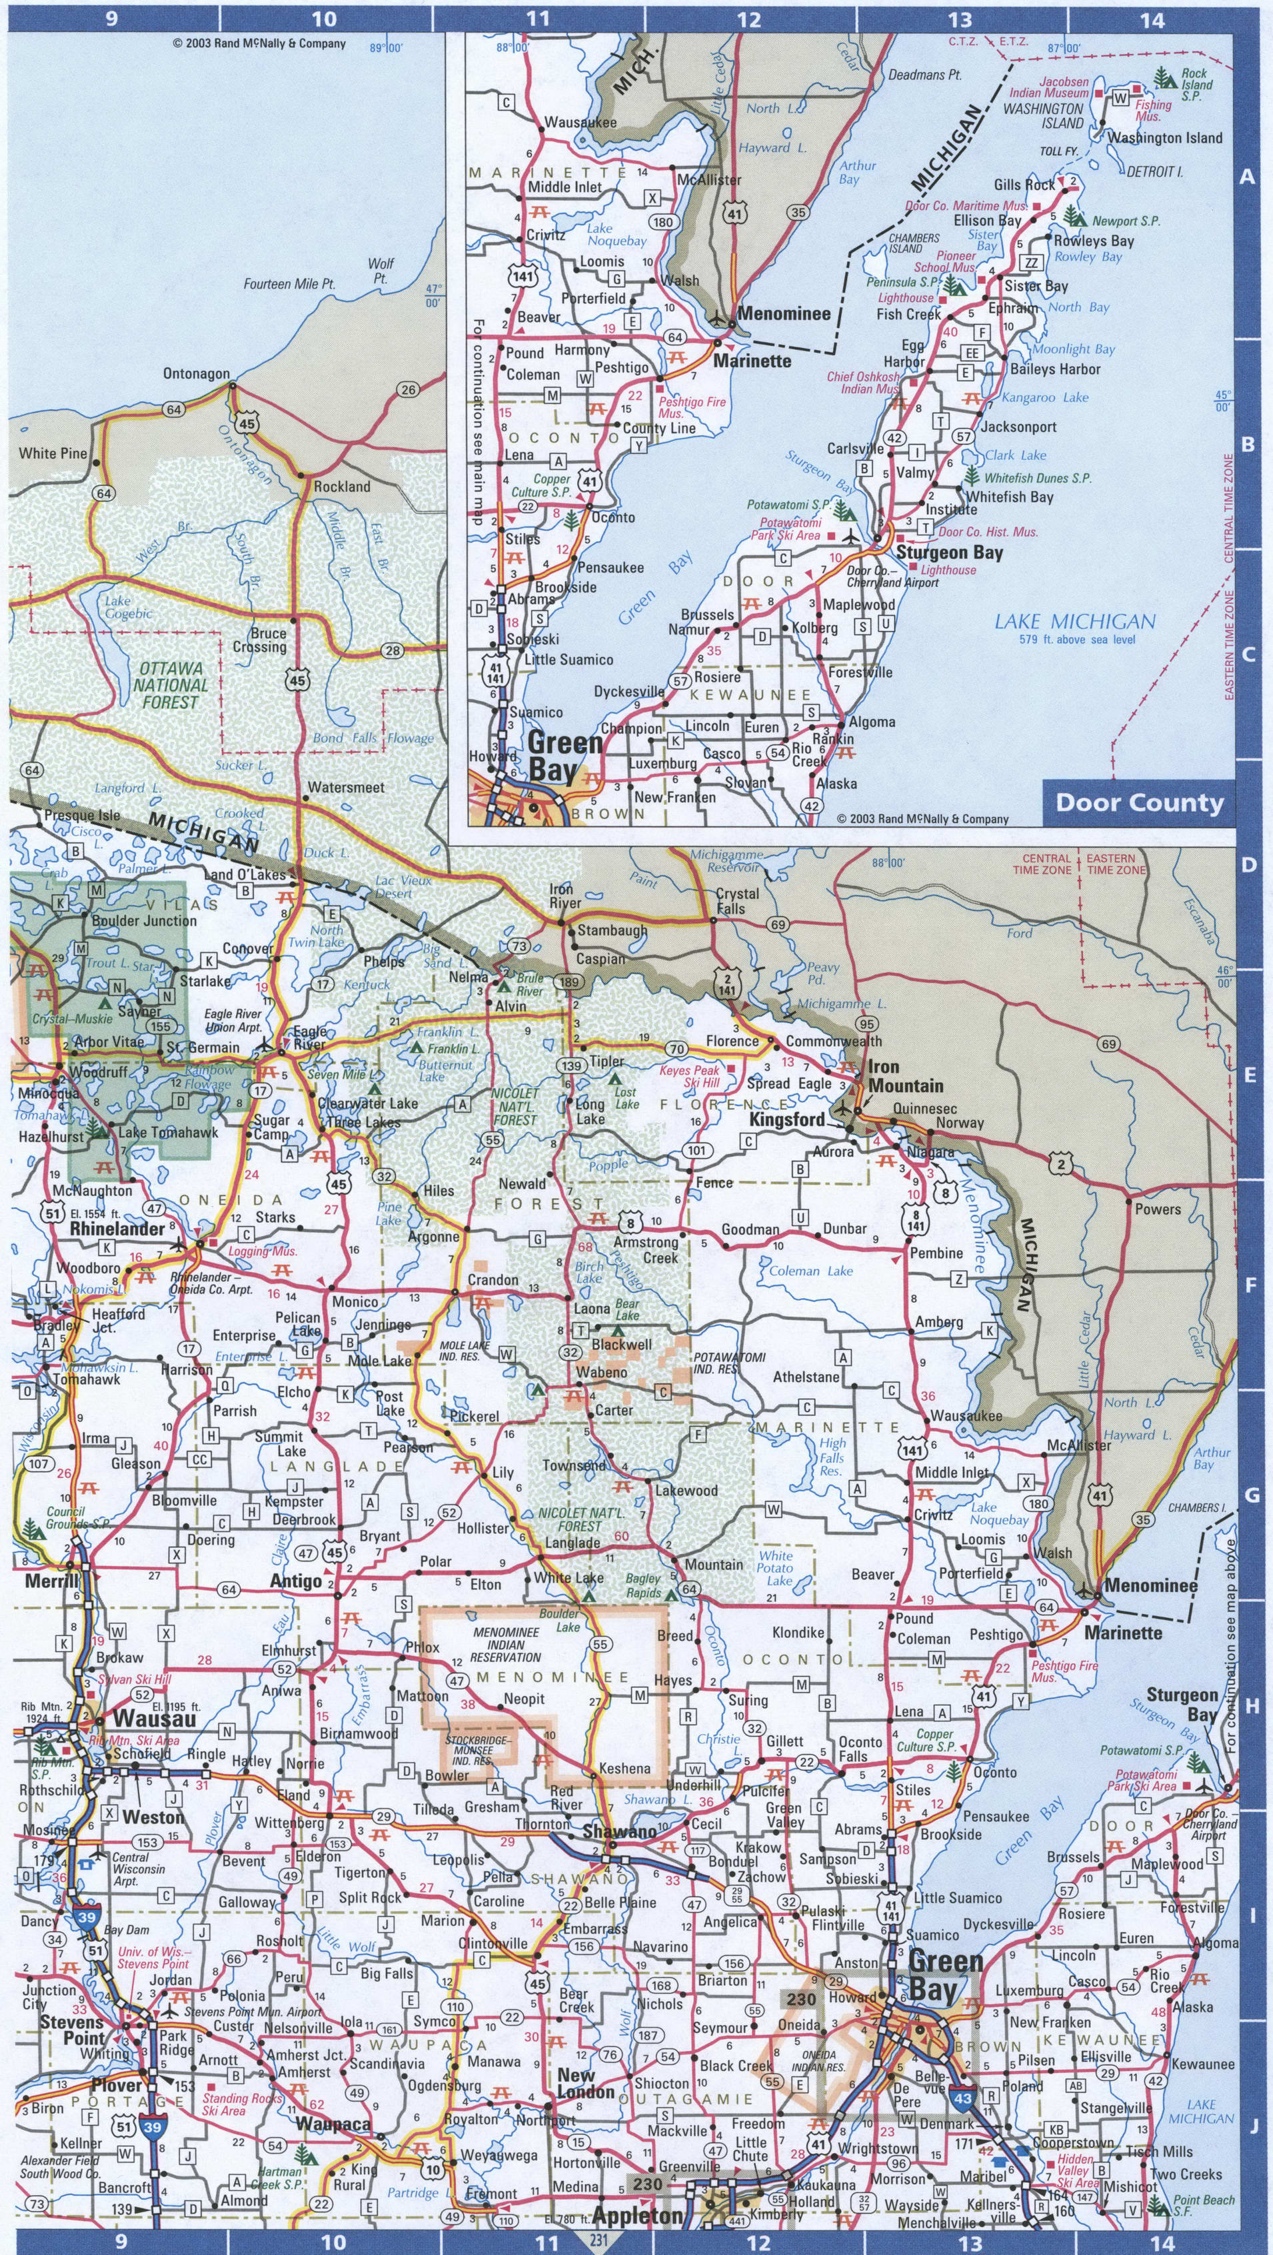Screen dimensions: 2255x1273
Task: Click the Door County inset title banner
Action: (x=1139, y=803)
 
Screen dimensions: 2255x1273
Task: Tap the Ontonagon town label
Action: (x=196, y=374)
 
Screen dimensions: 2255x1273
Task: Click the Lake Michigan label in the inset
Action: (x=1075, y=622)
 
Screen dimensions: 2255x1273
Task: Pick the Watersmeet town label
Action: (x=347, y=787)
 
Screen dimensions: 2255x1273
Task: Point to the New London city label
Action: (x=586, y=2091)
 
